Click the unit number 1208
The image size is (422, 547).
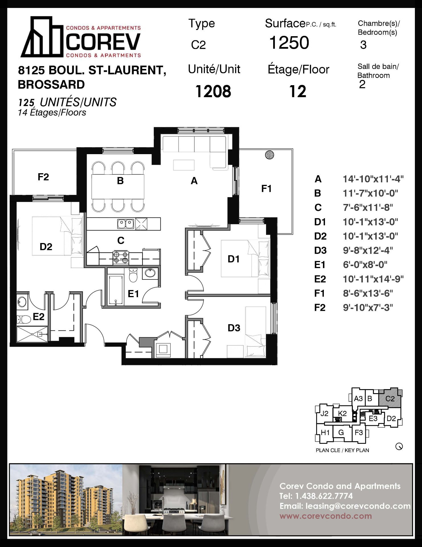[x=213, y=91]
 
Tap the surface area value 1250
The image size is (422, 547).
[x=289, y=43]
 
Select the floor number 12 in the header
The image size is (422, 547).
[x=298, y=91]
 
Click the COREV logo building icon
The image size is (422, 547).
[x=42, y=37]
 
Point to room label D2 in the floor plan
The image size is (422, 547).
[x=46, y=247]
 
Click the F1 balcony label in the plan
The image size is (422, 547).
[x=266, y=189]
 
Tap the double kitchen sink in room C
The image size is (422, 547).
[x=125, y=224]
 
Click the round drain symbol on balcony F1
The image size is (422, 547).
[x=269, y=155]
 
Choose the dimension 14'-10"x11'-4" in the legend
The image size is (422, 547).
[x=373, y=179]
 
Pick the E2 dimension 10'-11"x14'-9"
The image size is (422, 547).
[x=373, y=279]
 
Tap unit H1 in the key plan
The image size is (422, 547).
[x=325, y=432]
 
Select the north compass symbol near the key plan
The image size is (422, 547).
[x=399, y=446]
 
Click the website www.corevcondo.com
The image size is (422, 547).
[x=326, y=516]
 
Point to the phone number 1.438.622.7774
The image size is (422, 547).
[x=324, y=496]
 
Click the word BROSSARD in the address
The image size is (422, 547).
[x=51, y=85]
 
